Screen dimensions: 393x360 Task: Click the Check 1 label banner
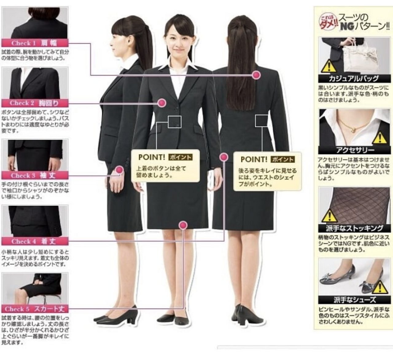(34, 43)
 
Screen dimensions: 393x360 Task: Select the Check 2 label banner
(34, 103)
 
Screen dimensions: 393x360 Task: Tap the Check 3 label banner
(34, 175)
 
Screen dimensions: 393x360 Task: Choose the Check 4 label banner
(34, 241)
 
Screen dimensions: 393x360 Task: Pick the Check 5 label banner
(34, 309)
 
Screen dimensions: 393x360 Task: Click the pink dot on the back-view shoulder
(256, 75)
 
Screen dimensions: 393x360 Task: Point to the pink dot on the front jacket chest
(162, 103)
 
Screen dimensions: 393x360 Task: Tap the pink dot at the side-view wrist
(119, 170)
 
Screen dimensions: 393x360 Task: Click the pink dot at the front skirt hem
(183, 225)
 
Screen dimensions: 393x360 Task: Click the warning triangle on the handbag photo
(329, 66)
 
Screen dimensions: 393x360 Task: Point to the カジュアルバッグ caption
(354, 78)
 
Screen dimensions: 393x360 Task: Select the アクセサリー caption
(355, 150)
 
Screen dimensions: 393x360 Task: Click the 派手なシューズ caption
(355, 300)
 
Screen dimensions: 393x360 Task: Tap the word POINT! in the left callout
(152, 157)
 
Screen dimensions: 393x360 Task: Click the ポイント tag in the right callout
(282, 159)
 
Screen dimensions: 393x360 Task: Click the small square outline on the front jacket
(174, 122)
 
